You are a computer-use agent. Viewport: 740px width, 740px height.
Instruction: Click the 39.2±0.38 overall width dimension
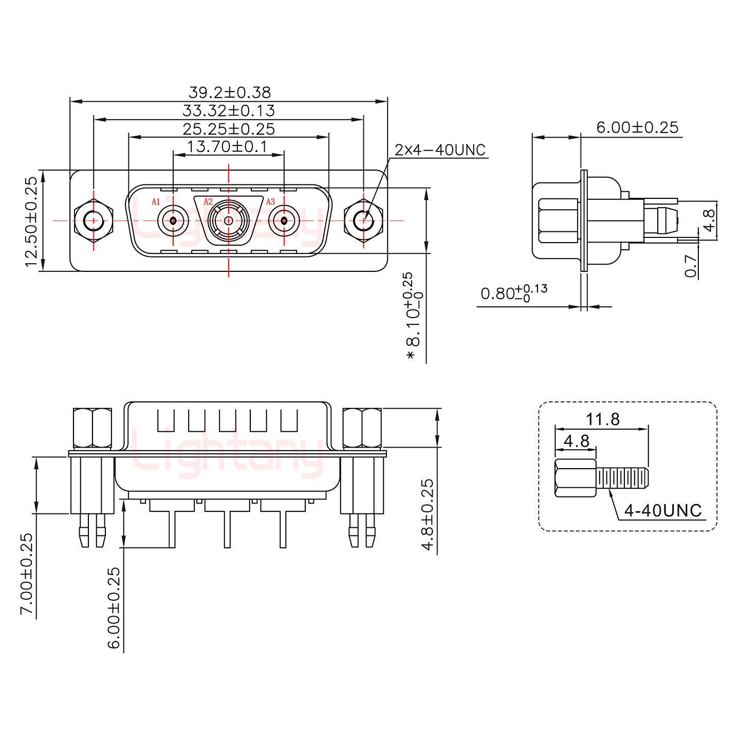click(229, 92)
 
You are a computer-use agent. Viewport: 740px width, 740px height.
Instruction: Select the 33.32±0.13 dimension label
click(229, 110)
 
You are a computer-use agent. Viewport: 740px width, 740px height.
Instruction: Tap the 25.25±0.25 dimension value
click(229, 129)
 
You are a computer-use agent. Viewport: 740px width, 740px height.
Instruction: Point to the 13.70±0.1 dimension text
click(227, 147)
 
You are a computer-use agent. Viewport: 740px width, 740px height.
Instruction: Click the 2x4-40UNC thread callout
click(439, 150)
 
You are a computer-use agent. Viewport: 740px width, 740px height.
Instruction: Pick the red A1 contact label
click(156, 201)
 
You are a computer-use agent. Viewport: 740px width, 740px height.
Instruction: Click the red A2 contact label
click(208, 201)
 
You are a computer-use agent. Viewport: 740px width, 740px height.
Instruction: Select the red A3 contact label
click(270, 201)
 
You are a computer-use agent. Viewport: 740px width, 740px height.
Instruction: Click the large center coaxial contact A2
click(229, 221)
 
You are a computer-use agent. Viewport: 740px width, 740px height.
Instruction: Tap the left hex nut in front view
click(94, 221)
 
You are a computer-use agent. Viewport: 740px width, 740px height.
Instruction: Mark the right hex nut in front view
click(364, 221)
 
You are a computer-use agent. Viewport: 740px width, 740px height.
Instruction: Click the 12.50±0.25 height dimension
click(31, 221)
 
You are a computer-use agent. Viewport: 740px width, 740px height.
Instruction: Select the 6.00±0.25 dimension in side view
click(637, 127)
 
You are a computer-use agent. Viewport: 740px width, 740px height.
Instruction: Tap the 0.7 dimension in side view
click(692, 266)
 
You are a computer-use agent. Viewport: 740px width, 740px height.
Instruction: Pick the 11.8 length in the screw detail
click(603, 419)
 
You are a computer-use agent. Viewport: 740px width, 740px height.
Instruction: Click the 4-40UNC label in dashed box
click(662, 510)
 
